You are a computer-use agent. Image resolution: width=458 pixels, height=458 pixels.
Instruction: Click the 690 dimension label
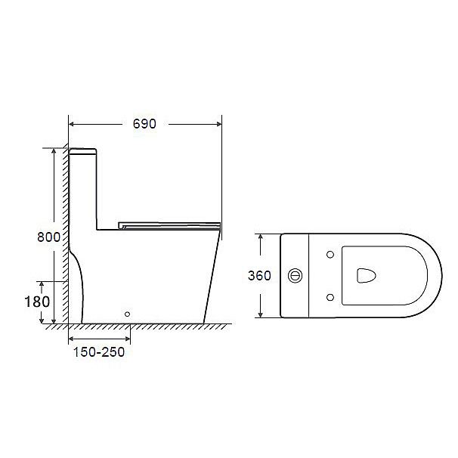tap(144, 124)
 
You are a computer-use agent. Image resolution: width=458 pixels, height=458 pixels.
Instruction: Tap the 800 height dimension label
tap(48, 237)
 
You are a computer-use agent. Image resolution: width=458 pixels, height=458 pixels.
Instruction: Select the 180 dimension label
tap(37, 302)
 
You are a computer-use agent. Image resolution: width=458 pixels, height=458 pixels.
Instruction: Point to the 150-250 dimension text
tap(99, 352)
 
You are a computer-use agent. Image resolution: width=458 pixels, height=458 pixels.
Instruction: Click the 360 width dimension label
tap(259, 275)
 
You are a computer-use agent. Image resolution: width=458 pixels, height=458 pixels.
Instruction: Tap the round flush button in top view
tap(295, 275)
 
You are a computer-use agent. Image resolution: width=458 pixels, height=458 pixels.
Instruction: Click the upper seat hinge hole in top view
tap(330, 255)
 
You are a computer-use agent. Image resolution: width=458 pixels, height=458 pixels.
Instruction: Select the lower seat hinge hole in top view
tap(330, 297)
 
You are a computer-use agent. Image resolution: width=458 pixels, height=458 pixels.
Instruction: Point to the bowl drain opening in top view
tap(366, 275)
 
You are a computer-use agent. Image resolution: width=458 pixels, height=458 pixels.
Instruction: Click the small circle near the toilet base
tap(127, 314)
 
